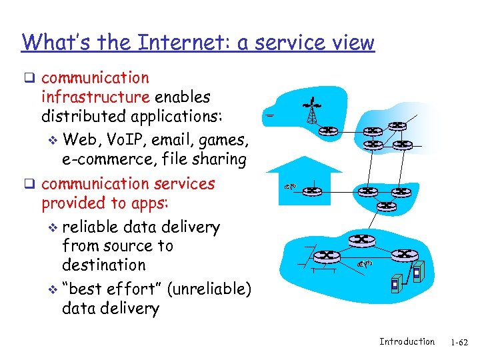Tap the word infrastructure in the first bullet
click(x=95, y=97)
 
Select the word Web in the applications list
click(x=80, y=140)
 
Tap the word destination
click(x=103, y=265)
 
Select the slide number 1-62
click(x=459, y=342)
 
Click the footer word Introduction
click(x=407, y=341)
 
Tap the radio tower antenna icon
click(x=311, y=111)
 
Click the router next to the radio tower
click(x=329, y=131)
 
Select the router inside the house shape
click(x=311, y=191)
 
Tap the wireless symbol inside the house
click(x=289, y=187)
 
